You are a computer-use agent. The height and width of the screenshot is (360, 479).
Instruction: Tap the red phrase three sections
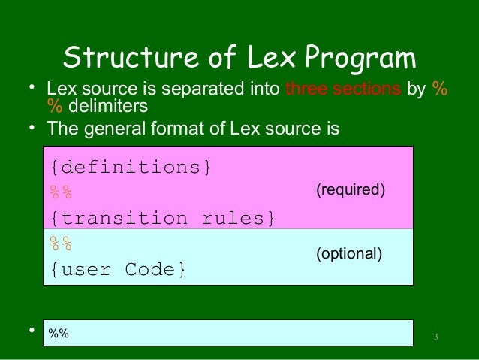[343, 89]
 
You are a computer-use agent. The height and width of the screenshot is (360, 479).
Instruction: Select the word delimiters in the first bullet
[106, 107]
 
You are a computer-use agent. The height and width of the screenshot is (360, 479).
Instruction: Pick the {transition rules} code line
[162, 218]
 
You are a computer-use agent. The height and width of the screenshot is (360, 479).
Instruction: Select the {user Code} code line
[117, 268]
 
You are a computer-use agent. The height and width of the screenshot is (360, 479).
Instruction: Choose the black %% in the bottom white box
[59, 333]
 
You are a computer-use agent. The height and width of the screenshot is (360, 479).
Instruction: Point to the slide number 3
[436, 335]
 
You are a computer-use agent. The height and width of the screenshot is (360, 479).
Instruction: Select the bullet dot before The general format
[33, 128]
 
